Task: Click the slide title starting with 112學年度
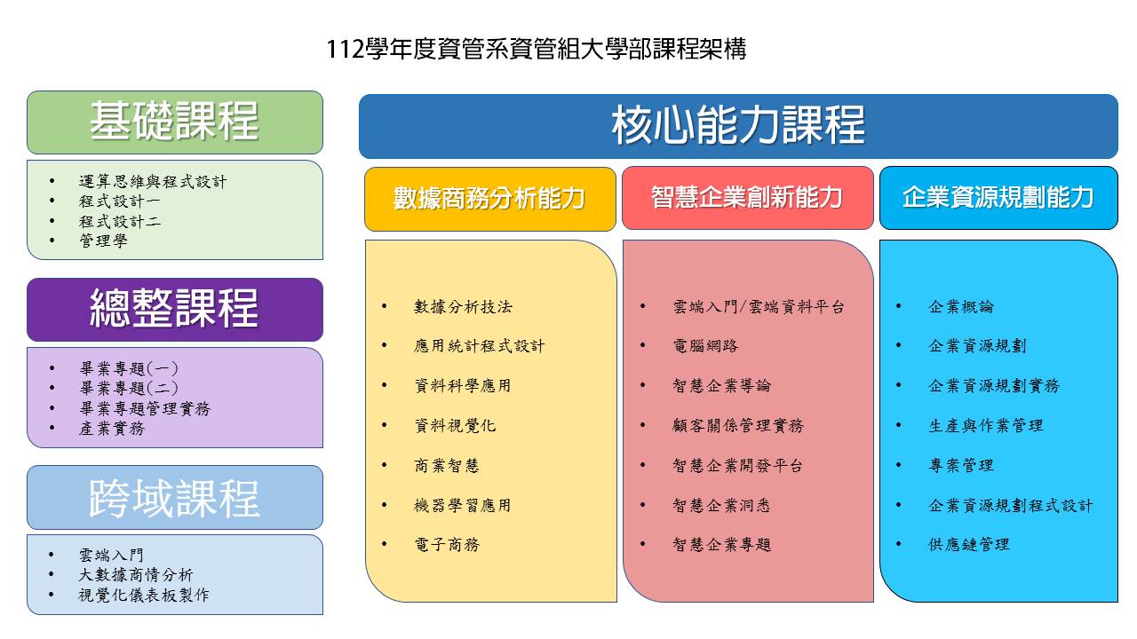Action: click(x=536, y=49)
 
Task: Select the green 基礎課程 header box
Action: click(x=175, y=122)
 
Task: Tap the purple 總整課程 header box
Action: click(x=175, y=310)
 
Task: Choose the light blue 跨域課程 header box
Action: click(x=175, y=498)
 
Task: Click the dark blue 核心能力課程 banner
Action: click(x=738, y=126)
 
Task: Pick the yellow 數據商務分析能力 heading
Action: click(x=489, y=199)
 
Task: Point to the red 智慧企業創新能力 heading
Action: click(x=747, y=198)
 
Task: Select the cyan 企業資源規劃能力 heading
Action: click(x=998, y=198)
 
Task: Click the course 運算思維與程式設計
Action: click(x=153, y=182)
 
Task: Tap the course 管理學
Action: click(x=103, y=241)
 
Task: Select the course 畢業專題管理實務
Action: click(x=145, y=408)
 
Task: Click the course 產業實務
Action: click(x=112, y=429)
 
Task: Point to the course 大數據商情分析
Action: click(x=136, y=574)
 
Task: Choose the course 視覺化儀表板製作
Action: click(x=144, y=595)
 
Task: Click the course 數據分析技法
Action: click(x=463, y=307)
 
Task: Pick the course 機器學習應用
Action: click(x=463, y=505)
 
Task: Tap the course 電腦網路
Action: click(x=705, y=346)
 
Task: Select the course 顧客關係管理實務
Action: click(x=738, y=425)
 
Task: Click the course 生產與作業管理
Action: click(x=986, y=425)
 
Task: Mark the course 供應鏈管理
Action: click(x=969, y=545)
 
